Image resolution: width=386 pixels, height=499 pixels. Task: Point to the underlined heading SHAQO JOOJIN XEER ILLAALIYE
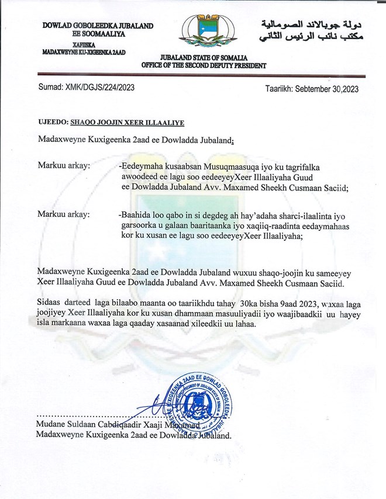(x=127, y=123)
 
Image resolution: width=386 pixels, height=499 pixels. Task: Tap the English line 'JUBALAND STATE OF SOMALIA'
(x=208, y=57)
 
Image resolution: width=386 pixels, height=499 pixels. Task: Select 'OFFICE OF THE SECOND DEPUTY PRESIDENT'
(x=208, y=65)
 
